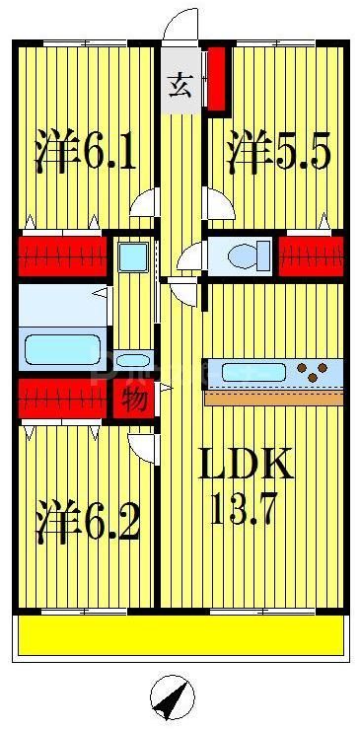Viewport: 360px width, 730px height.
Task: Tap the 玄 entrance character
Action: [179, 85]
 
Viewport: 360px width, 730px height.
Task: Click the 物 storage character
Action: [133, 401]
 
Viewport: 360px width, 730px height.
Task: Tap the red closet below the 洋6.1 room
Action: [61, 255]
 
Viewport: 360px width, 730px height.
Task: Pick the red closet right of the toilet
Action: [311, 255]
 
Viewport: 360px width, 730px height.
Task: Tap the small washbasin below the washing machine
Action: [132, 359]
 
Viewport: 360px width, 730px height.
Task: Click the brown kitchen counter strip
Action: [274, 398]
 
